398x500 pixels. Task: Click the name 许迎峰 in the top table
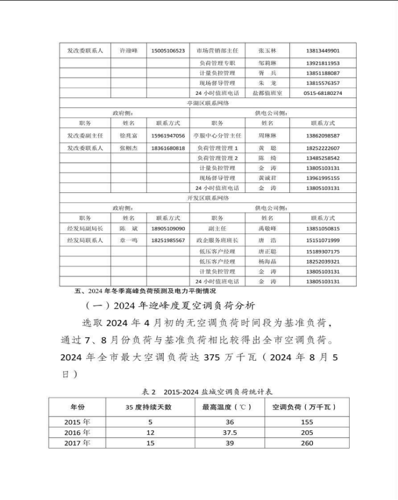click(128, 50)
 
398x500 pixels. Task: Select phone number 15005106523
click(168, 50)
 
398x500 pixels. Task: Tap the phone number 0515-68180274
click(323, 93)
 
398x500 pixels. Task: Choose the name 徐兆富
click(128, 135)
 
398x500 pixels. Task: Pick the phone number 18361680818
click(168, 148)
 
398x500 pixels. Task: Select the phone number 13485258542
click(323, 158)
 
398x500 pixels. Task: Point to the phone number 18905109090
click(168, 229)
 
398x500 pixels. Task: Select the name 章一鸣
click(128, 241)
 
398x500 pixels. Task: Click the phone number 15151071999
click(323, 241)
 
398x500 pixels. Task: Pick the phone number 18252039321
click(323, 262)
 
